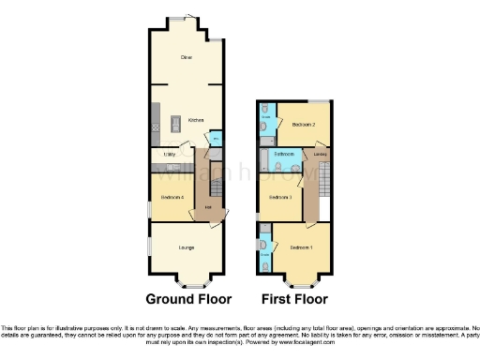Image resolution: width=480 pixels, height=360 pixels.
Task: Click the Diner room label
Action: [x=187, y=57]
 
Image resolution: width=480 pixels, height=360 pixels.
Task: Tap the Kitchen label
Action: [x=196, y=120]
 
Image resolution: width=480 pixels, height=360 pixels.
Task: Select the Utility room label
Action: [x=171, y=152]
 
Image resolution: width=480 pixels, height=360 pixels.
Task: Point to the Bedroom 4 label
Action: [x=172, y=198]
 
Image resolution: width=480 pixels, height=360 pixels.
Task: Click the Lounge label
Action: [x=187, y=247]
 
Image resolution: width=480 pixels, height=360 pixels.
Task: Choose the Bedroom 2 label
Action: [x=302, y=124]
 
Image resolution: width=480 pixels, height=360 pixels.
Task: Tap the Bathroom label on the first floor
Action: [x=285, y=154]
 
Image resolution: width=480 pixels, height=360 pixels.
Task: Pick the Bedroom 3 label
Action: [x=281, y=198]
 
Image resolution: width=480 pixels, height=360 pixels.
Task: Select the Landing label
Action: [x=321, y=155]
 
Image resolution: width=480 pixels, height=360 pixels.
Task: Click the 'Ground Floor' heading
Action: [x=187, y=300]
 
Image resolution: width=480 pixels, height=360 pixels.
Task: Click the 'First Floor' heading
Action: [x=294, y=300]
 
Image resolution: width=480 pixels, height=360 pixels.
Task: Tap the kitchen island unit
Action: [x=174, y=123]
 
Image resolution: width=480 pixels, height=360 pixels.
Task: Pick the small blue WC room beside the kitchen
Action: [x=216, y=139]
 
